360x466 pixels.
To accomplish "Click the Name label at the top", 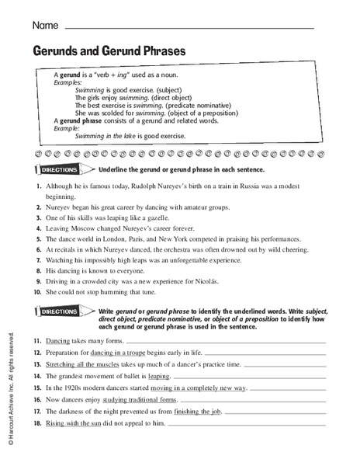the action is point(44,26).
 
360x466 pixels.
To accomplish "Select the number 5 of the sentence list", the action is point(37,239).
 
